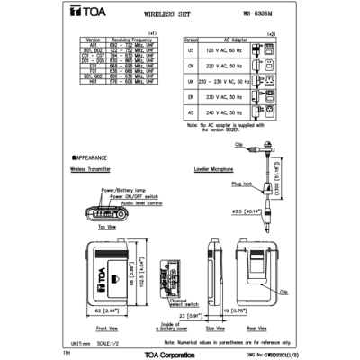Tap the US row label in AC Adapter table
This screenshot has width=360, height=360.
pos(191,53)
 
